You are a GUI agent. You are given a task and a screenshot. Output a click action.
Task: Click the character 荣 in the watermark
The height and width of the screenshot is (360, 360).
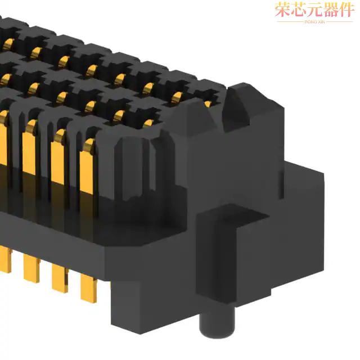282,10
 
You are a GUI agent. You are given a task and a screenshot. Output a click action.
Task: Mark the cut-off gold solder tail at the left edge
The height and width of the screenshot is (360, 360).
4,262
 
